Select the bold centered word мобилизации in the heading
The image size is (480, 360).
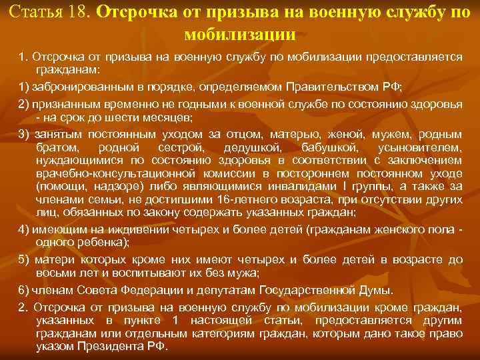(239, 35)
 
